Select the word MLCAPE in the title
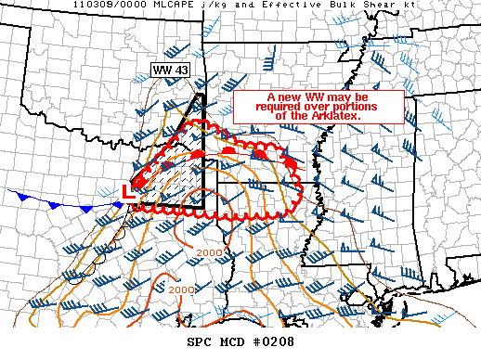tap(153, 6)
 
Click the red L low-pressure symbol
tap(128, 190)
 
